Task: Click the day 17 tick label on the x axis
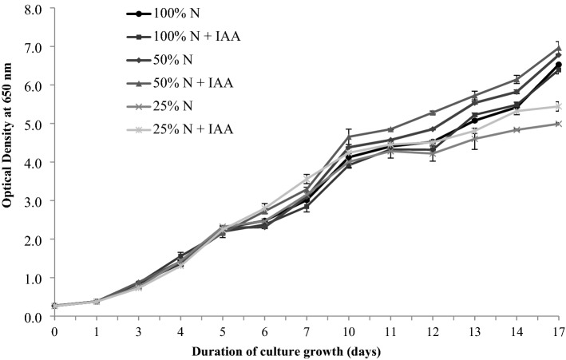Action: tap(558, 330)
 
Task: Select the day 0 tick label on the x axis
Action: tap(54, 330)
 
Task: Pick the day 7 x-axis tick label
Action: tap(306, 330)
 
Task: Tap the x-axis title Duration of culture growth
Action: tap(306, 350)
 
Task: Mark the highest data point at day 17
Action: tap(558, 48)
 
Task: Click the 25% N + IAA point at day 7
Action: tap(306, 180)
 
